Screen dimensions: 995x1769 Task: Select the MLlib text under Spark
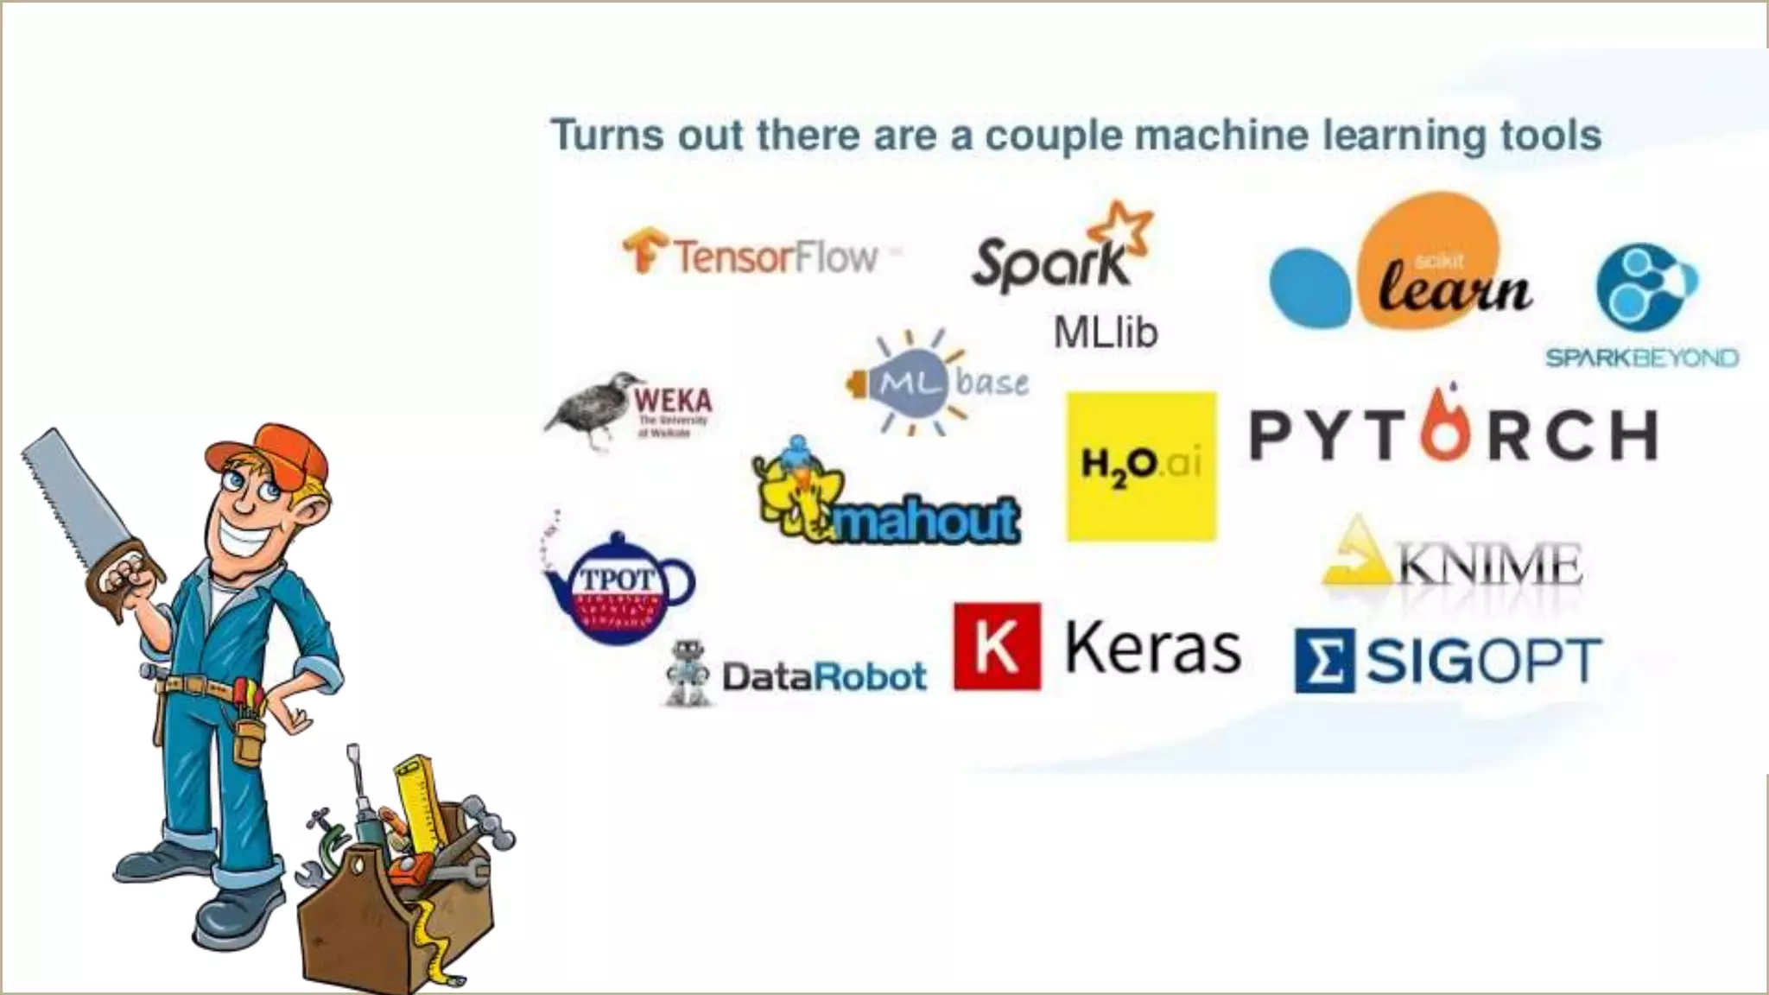point(1105,333)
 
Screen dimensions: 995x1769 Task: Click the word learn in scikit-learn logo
point(1455,287)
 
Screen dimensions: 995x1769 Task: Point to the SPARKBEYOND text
point(1641,358)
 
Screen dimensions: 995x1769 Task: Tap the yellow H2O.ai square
point(1141,466)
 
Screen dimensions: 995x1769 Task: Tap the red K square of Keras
point(997,647)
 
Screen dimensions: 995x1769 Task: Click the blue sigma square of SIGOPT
point(1324,661)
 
